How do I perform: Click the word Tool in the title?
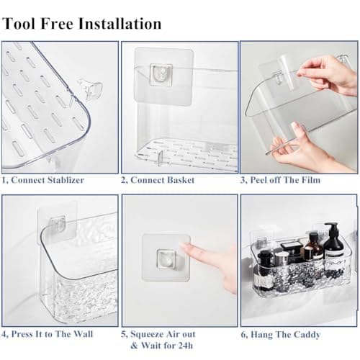click(x=19, y=23)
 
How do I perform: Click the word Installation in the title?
click(x=119, y=23)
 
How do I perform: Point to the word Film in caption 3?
click(x=316, y=179)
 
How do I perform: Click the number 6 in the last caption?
click(x=244, y=334)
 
